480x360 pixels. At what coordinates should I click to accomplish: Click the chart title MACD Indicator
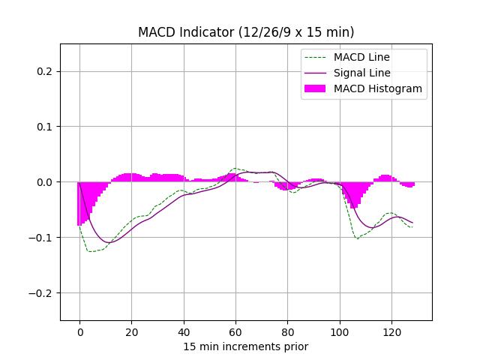tap(246, 32)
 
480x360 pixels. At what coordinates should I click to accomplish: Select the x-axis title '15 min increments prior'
tap(246, 346)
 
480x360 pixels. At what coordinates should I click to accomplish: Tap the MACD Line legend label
tap(361, 57)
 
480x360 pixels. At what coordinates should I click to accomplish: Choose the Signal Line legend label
tap(362, 73)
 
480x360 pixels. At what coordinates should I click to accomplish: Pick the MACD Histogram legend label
tap(378, 88)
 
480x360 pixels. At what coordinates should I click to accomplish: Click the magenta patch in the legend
tap(316, 88)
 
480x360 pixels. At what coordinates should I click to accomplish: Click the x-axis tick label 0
tap(79, 331)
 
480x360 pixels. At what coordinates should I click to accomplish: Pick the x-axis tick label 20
tap(131, 331)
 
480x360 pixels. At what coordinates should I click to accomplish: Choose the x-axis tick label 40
tap(183, 331)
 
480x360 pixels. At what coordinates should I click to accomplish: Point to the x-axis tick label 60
tap(235, 331)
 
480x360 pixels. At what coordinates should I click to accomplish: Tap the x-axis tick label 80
tap(287, 331)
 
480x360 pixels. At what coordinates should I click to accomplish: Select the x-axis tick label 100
tap(339, 331)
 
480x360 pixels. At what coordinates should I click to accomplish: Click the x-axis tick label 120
tap(391, 331)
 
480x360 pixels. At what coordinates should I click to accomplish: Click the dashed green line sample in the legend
tap(316, 57)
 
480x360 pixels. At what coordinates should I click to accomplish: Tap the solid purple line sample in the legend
tap(316, 73)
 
